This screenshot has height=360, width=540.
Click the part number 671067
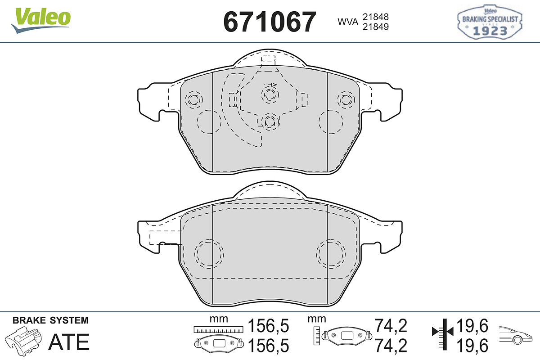(x=270, y=22)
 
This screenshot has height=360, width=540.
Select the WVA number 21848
(x=376, y=17)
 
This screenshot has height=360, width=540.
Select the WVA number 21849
(x=376, y=27)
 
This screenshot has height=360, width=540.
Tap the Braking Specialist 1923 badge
(x=490, y=22)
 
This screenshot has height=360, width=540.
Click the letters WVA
(x=348, y=22)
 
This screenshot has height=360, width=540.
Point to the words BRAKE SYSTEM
(x=50, y=320)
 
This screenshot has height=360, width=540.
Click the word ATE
(x=69, y=342)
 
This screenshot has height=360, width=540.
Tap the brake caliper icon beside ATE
(x=23, y=341)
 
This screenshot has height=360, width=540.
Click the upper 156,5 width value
(x=268, y=326)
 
